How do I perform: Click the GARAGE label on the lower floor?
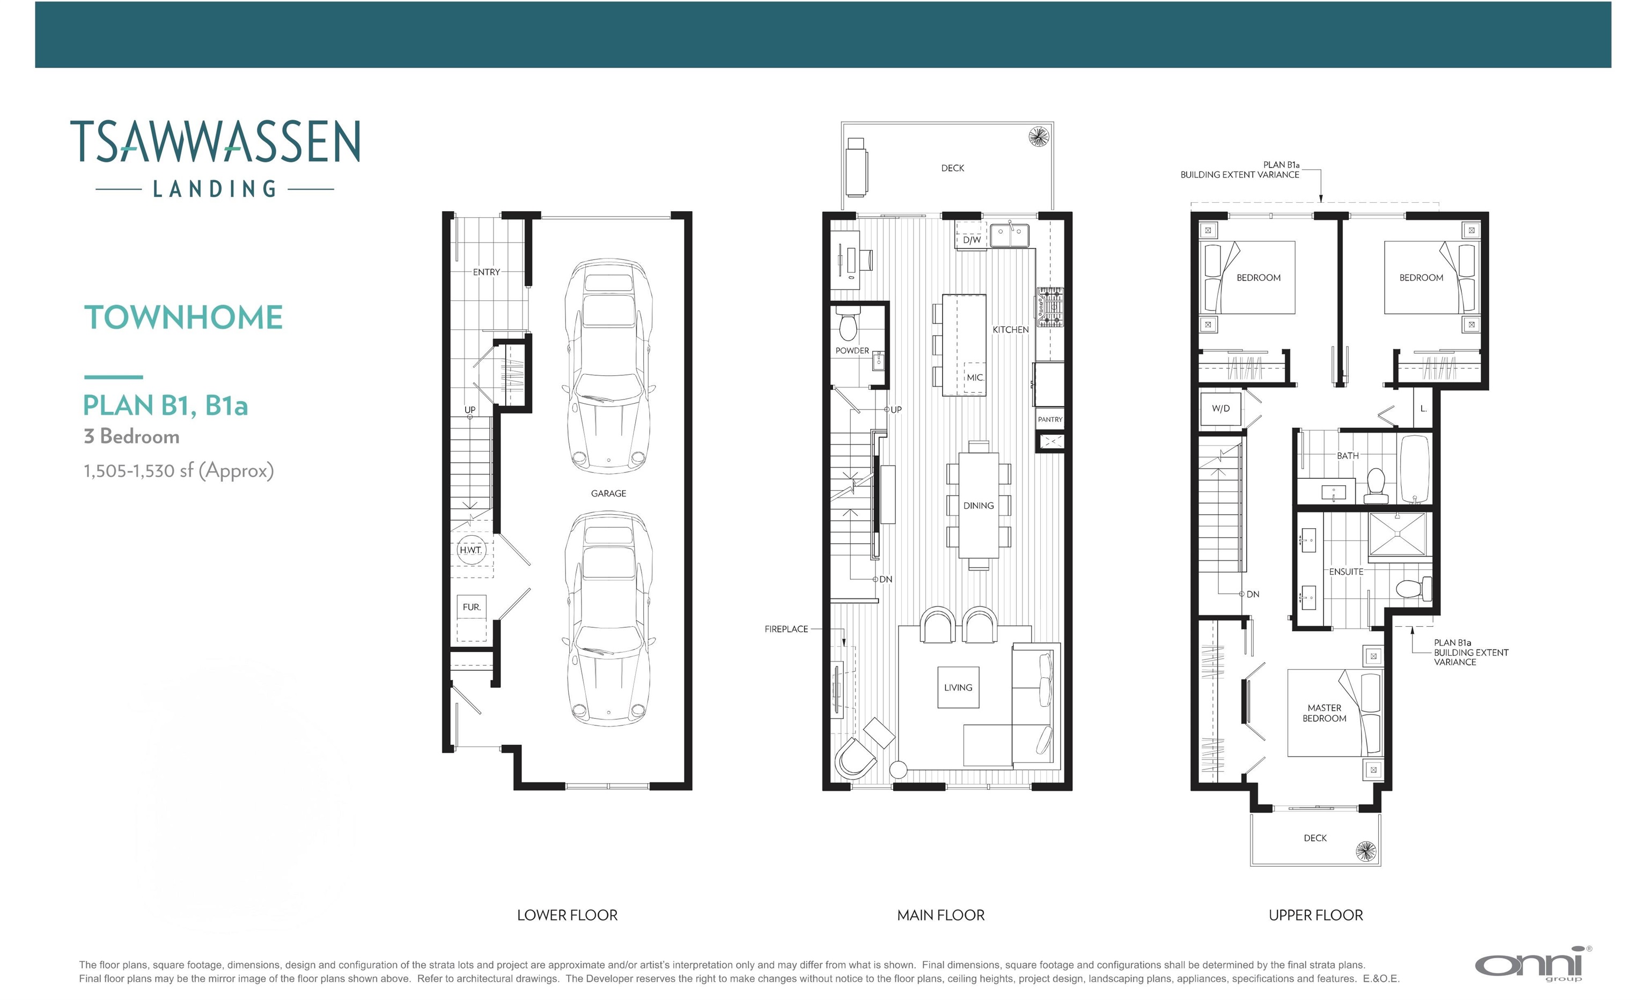click(x=608, y=493)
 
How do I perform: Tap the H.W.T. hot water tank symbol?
click(x=470, y=550)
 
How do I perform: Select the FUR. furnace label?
click(x=471, y=607)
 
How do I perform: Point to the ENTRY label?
click(x=486, y=272)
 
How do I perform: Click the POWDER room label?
click(x=852, y=350)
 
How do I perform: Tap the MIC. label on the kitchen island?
click(x=975, y=377)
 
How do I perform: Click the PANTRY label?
click(x=1050, y=420)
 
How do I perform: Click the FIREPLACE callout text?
click(x=786, y=629)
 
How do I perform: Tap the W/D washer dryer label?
click(x=1220, y=409)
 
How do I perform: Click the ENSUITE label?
click(x=1345, y=572)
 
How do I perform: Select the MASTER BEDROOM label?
click(x=1325, y=713)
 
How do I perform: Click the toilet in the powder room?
click(x=848, y=325)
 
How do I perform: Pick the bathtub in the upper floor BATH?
click(x=1415, y=469)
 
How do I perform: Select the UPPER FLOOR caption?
click(x=1315, y=915)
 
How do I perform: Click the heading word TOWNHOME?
click(x=183, y=317)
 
